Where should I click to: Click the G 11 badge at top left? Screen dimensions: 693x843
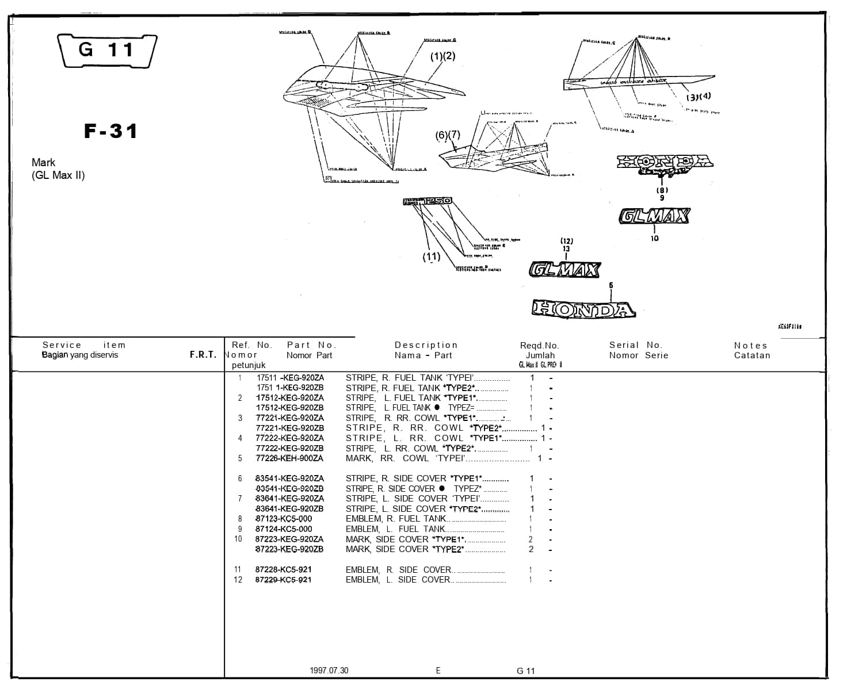pos(107,51)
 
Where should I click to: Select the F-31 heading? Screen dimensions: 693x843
pos(111,131)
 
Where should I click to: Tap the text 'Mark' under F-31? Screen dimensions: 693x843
pos(44,163)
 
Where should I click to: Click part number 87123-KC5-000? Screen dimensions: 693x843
pos(284,519)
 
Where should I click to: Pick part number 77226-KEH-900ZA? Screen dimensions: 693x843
pos(289,458)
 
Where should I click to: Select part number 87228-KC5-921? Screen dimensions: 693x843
pos(283,570)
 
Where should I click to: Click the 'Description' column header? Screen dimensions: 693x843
pos(426,345)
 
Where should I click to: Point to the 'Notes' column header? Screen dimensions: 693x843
pos(751,346)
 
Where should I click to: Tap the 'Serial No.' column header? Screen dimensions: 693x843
pos(636,345)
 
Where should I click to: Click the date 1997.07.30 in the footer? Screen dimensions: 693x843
pos(329,671)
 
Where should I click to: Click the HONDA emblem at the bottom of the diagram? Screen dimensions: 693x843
pos(583,309)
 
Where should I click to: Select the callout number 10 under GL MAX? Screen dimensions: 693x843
pos(654,238)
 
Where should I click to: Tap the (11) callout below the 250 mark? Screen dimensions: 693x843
pos(431,257)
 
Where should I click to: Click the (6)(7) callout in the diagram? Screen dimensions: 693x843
pos(448,135)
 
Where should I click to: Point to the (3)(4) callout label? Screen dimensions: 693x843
pos(698,96)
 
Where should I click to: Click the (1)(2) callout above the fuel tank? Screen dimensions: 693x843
pos(443,56)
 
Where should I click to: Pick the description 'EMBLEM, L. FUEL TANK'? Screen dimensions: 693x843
pos(395,529)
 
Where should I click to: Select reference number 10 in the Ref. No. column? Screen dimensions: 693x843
pos(238,539)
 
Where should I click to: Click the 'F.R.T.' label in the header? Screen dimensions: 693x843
pos(203,355)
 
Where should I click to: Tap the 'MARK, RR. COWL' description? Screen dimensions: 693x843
pos(387,458)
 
